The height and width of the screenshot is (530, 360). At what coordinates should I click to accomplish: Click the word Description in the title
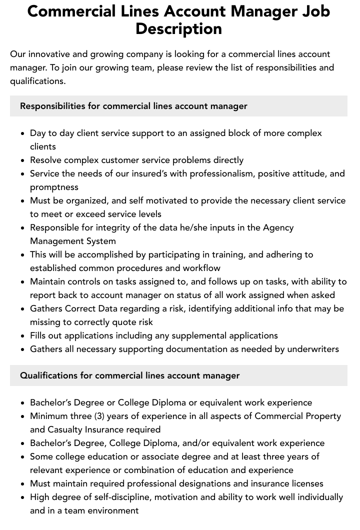click(x=178, y=28)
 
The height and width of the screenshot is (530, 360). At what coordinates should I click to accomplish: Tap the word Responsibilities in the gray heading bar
click(x=52, y=106)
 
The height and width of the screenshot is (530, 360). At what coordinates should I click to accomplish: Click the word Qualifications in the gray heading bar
click(x=49, y=375)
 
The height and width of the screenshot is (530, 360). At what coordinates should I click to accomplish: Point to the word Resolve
click(x=46, y=160)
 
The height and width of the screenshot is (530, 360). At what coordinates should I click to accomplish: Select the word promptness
click(x=54, y=187)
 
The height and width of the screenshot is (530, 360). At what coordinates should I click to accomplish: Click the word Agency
click(x=278, y=227)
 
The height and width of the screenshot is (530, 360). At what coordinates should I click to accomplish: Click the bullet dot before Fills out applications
click(x=23, y=336)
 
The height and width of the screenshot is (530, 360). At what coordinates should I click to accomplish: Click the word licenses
click(x=305, y=483)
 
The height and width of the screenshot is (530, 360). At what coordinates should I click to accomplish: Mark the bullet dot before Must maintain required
click(x=23, y=484)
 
